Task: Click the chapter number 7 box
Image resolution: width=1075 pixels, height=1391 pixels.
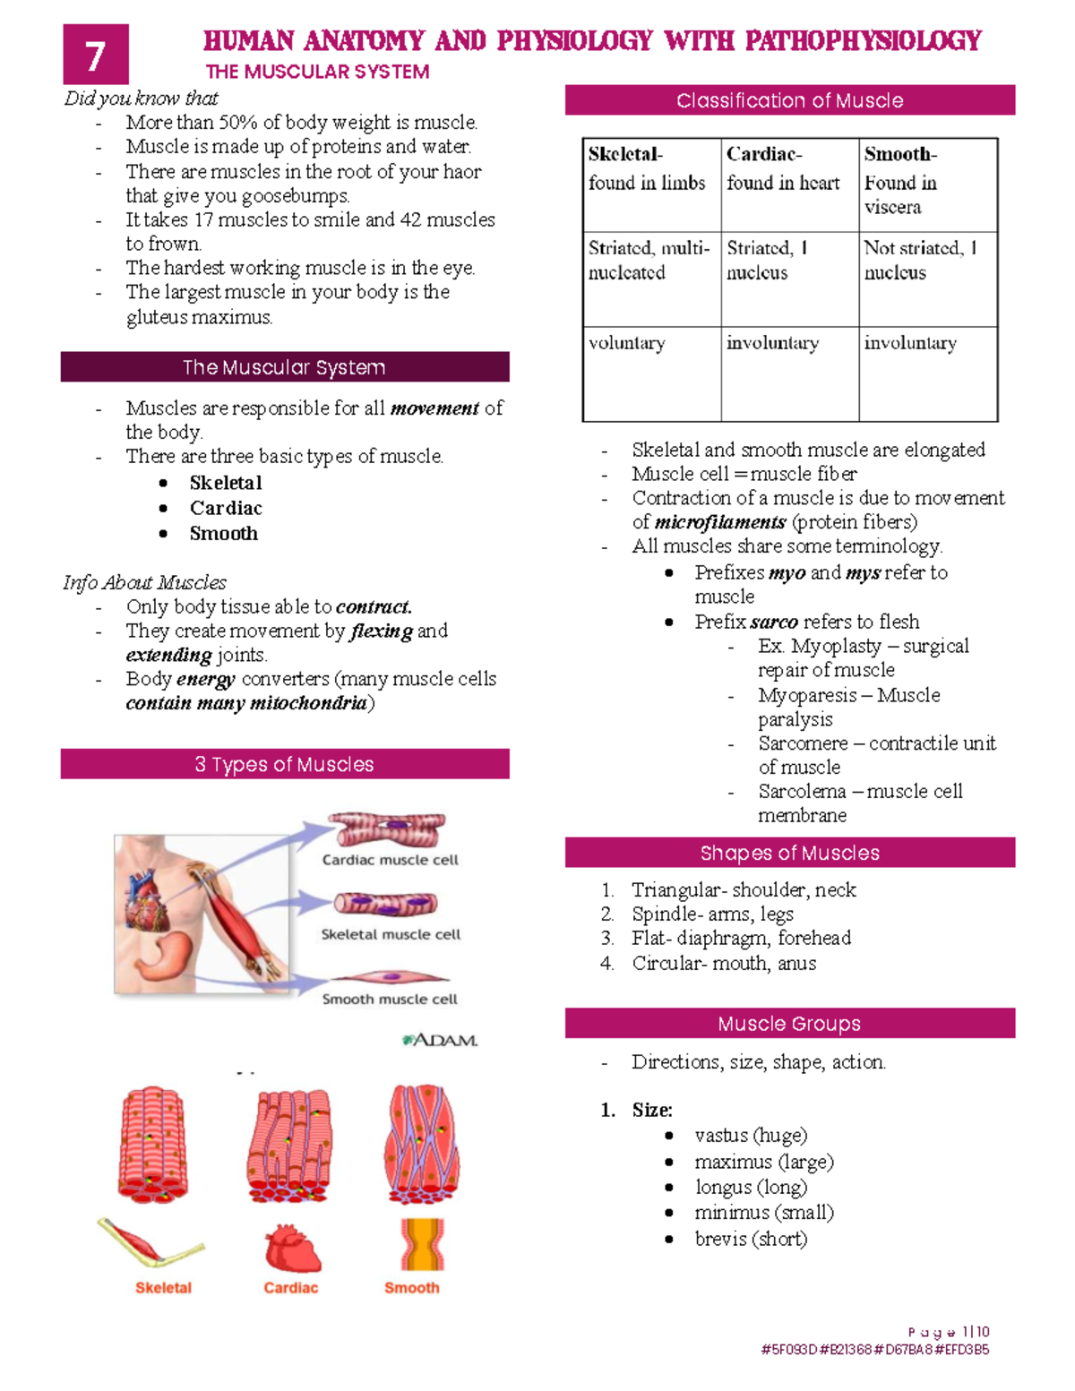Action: (96, 55)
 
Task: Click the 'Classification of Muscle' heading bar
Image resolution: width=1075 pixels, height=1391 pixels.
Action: (789, 100)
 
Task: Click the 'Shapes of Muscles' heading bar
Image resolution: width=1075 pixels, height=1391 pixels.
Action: (789, 853)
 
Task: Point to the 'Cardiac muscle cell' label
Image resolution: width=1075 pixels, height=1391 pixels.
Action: (390, 860)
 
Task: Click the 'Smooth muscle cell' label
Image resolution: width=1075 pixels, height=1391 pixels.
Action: (390, 1000)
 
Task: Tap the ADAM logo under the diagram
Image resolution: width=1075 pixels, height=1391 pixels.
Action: (440, 1040)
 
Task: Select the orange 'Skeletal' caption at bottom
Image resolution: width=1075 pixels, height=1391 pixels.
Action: (163, 1288)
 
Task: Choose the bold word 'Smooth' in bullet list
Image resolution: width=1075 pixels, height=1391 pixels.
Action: (224, 534)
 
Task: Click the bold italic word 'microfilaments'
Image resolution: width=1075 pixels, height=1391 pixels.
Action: (720, 522)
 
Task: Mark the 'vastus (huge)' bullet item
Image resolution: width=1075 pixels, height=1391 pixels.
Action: (751, 1136)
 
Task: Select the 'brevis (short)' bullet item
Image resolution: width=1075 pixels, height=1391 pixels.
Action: (751, 1239)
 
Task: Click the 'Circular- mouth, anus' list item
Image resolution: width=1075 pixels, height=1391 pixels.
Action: (724, 964)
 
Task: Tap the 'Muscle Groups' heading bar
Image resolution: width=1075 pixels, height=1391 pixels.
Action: (789, 1024)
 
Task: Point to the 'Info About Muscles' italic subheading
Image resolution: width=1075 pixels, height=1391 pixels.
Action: (145, 583)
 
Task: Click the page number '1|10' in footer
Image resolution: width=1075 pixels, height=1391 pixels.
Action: (975, 1332)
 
